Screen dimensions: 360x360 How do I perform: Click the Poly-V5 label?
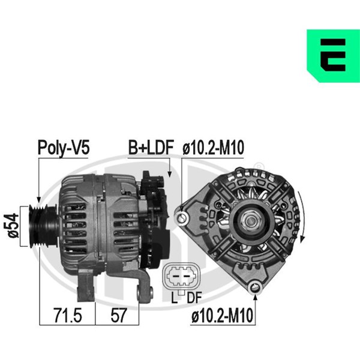(64, 148)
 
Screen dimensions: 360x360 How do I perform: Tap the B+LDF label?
(151, 148)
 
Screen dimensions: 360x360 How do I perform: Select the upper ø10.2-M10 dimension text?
(213, 148)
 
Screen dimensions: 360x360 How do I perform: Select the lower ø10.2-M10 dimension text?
(222, 315)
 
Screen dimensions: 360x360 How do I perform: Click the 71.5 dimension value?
(68, 315)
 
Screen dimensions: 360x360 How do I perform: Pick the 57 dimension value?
(118, 315)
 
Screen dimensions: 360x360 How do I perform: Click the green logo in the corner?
(333, 56)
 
